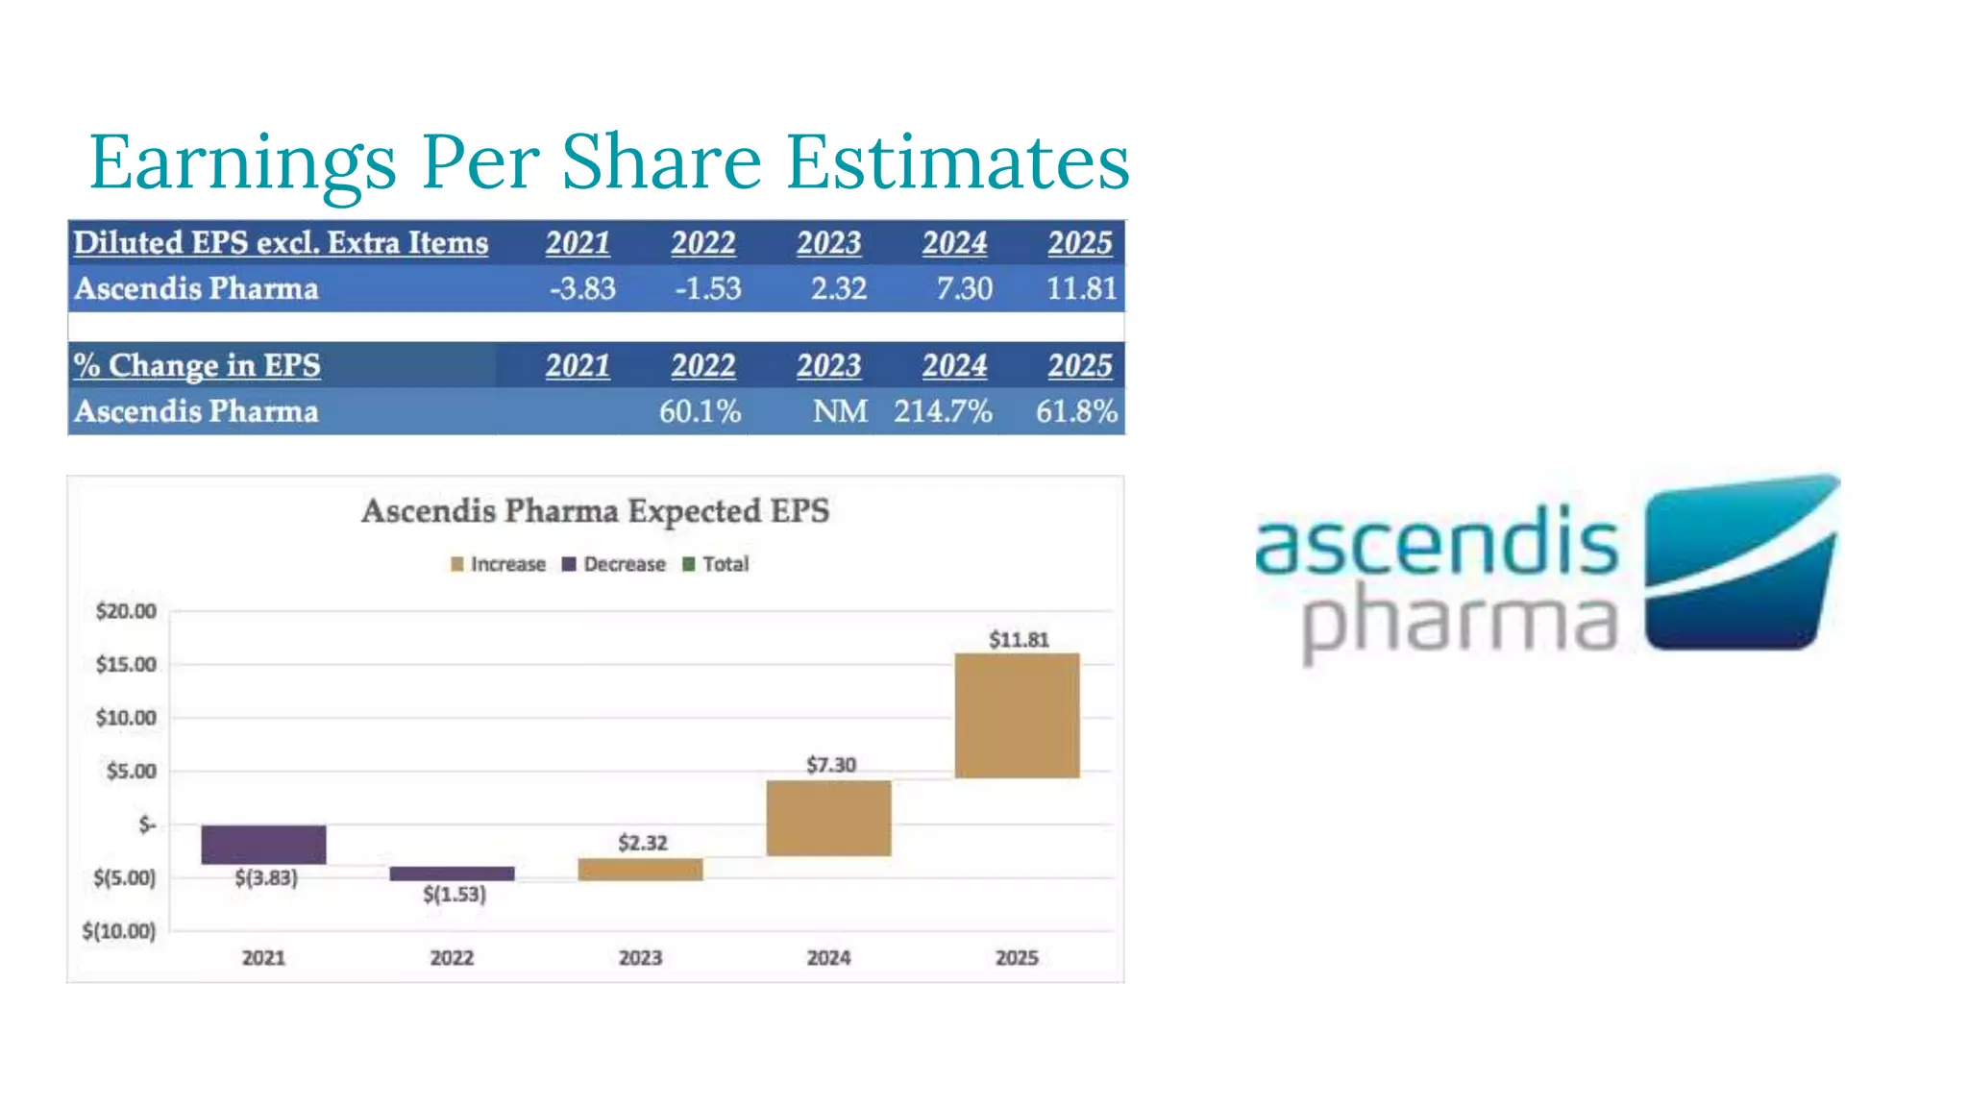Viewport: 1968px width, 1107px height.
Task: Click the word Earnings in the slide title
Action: (242, 163)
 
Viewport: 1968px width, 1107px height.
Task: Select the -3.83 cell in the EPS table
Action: (582, 288)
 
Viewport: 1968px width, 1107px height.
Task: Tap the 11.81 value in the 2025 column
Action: (1081, 288)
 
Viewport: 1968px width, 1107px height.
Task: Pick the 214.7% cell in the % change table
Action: (942, 411)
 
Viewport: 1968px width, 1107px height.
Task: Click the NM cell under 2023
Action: (840, 411)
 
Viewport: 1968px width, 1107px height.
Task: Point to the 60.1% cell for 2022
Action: (700, 411)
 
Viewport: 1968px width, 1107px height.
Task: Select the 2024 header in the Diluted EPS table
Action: (954, 243)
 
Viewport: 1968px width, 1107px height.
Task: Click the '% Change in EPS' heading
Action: (197, 365)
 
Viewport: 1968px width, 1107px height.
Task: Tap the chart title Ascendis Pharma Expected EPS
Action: (595, 510)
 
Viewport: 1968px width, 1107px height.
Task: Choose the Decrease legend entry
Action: (614, 564)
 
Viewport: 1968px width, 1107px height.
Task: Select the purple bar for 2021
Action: (263, 845)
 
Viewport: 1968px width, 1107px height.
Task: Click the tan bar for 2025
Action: (1017, 715)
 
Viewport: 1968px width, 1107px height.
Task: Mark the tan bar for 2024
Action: (828, 818)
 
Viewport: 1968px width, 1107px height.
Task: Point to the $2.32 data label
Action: (642, 843)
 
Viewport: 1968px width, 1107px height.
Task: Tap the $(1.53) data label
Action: (455, 895)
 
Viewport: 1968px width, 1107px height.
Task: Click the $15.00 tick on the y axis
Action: (126, 665)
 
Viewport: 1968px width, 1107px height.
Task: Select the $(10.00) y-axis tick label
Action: (119, 931)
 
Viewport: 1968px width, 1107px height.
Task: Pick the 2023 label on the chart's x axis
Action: (640, 958)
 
